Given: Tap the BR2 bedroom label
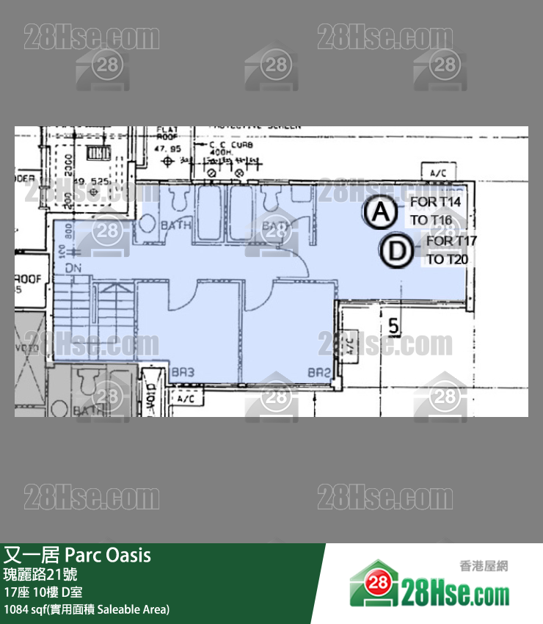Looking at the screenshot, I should point(318,372).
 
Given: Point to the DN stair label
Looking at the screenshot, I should point(73,269).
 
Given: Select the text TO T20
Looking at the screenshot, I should point(447,258).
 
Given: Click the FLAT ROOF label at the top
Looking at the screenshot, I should point(167,135).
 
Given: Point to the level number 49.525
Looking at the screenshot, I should point(90,181).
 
